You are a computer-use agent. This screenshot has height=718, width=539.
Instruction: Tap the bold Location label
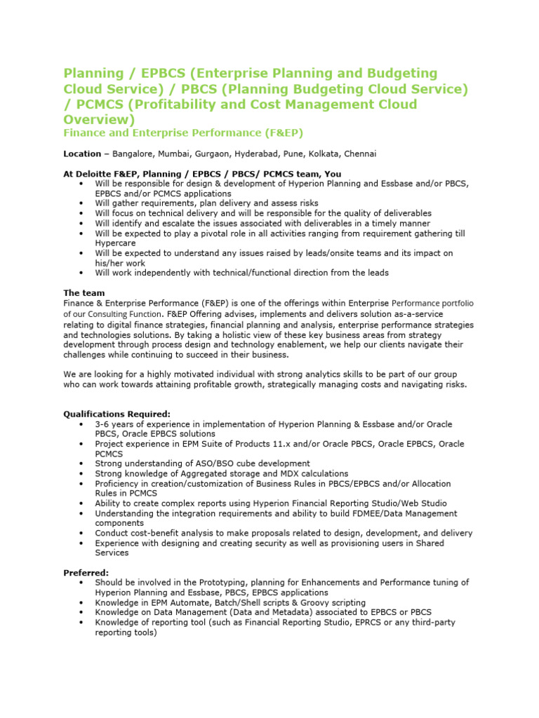tap(82, 154)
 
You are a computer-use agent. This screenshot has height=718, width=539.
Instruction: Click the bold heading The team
tap(84, 293)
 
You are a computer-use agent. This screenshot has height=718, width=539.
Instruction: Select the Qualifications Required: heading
tap(117, 414)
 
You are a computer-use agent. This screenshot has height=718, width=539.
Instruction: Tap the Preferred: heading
tap(86, 572)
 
